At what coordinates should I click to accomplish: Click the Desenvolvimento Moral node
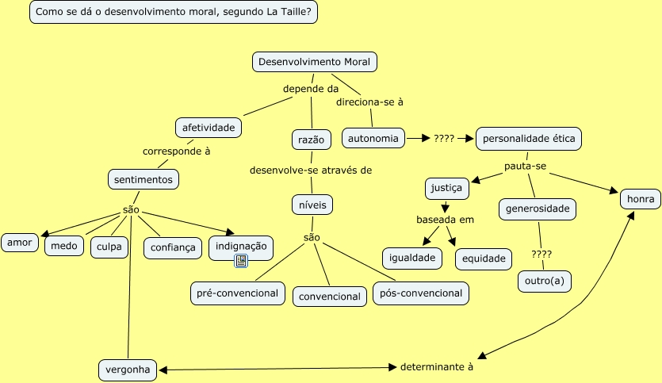(x=315, y=62)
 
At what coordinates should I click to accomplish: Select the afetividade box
(x=209, y=127)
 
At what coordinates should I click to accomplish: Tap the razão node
(x=312, y=140)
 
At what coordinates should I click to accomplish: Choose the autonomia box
(x=373, y=138)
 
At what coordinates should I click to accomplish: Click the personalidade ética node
(x=529, y=138)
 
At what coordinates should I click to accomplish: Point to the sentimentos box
(x=143, y=180)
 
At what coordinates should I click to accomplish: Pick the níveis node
(x=312, y=205)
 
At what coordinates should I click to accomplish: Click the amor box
(x=21, y=243)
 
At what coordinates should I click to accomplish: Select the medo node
(x=64, y=247)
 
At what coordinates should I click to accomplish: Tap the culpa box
(x=109, y=247)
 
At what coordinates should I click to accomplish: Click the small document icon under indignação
(x=241, y=261)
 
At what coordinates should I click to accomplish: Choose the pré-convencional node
(x=238, y=293)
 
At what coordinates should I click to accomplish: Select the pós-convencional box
(x=421, y=293)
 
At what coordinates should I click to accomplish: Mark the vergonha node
(x=128, y=370)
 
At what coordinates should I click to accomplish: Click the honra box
(x=640, y=198)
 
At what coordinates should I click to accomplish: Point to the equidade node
(x=484, y=259)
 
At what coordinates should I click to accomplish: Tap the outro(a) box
(x=544, y=281)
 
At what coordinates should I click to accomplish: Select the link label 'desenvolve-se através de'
(x=311, y=170)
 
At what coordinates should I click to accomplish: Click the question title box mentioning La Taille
(x=174, y=13)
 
